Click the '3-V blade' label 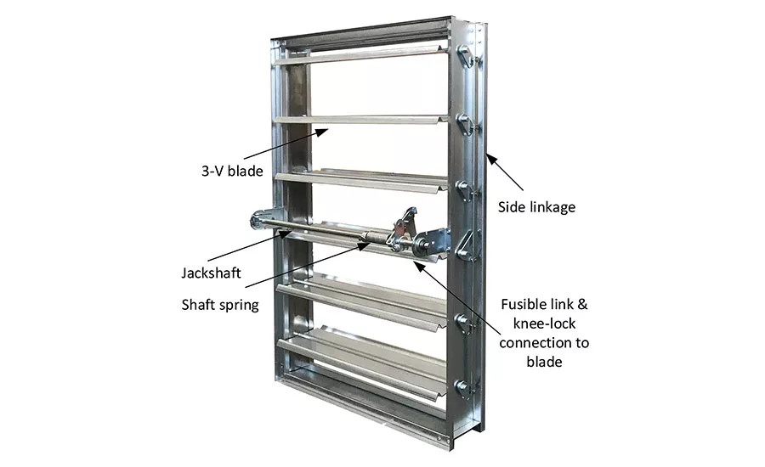(232, 172)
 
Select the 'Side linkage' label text (536, 207)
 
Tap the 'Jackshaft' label (212, 273)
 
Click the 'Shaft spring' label (220, 305)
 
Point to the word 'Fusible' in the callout (523, 304)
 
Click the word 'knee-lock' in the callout (544, 324)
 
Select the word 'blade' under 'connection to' (544, 362)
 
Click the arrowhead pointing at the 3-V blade (322, 131)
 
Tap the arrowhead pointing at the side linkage (490, 159)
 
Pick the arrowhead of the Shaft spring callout (365, 245)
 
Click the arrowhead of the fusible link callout (418, 266)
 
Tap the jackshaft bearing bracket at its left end (263, 219)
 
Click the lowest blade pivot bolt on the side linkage (461, 387)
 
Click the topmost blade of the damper (360, 54)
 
